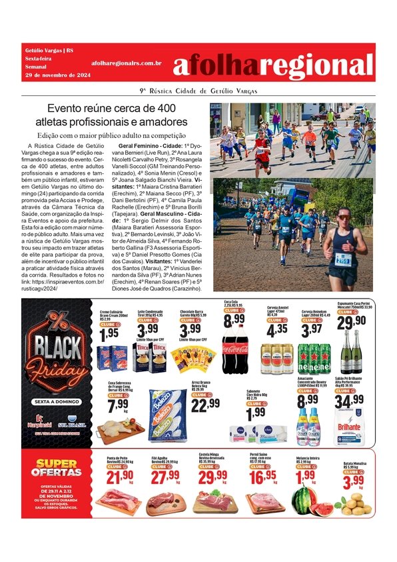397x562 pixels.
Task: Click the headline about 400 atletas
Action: (x=112, y=115)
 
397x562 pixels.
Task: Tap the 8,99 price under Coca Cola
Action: (x=234, y=321)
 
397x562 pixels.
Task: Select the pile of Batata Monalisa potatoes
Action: (x=354, y=505)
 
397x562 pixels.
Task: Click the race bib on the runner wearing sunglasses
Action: (x=343, y=259)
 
